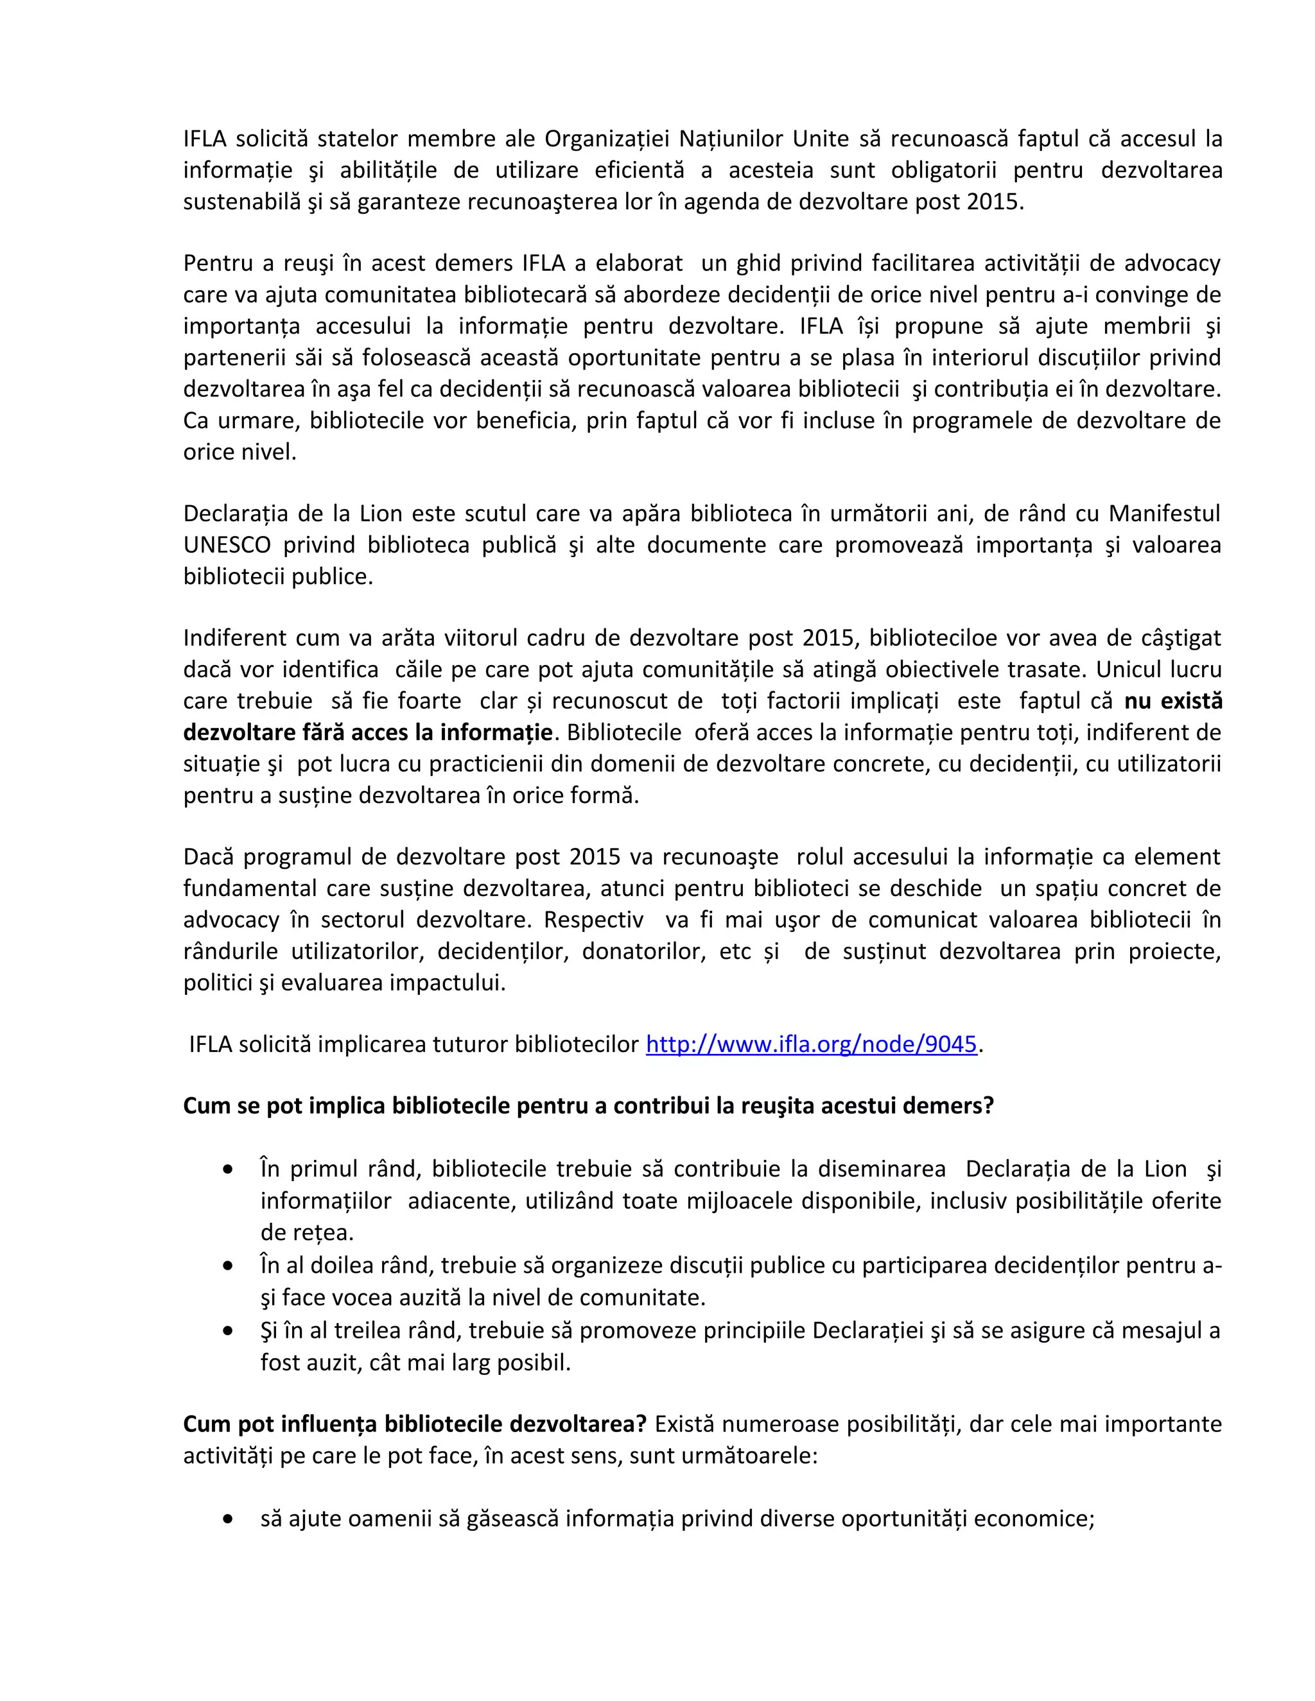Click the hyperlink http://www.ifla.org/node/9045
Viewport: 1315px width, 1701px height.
(x=811, y=1044)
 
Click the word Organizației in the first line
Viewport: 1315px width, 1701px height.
(x=606, y=139)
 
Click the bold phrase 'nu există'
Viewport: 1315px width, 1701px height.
(x=1172, y=701)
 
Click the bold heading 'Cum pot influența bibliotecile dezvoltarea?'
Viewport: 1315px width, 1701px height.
(x=414, y=1424)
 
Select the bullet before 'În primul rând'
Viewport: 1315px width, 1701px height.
(x=227, y=1170)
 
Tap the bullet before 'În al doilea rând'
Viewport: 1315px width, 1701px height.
(x=227, y=1266)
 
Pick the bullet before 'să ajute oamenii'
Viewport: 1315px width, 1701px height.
(x=227, y=1519)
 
